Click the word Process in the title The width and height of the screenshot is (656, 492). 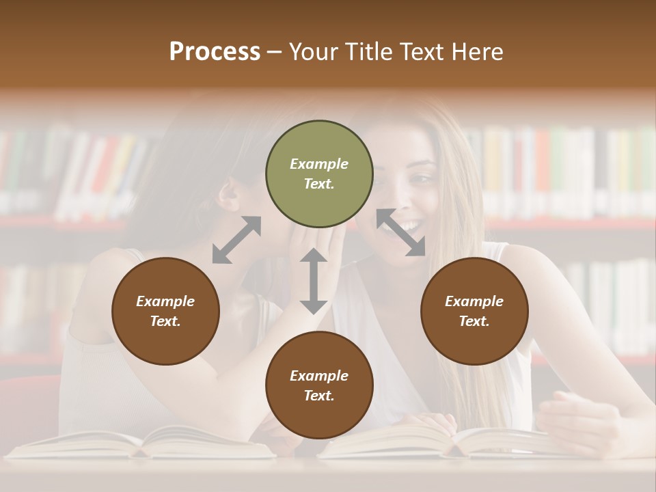[x=215, y=52]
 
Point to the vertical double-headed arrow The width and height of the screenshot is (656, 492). [x=314, y=281]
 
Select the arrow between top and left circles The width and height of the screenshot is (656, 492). [x=236, y=240]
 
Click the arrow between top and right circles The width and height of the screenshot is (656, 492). [x=401, y=232]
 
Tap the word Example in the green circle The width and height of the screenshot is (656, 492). [x=319, y=164]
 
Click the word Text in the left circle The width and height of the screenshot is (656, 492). [x=165, y=321]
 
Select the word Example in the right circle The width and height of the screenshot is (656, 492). [x=474, y=301]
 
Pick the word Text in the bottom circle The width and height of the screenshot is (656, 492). [x=319, y=396]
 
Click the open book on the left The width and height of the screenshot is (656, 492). [x=143, y=442]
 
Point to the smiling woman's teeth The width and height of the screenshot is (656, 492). [x=410, y=226]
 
